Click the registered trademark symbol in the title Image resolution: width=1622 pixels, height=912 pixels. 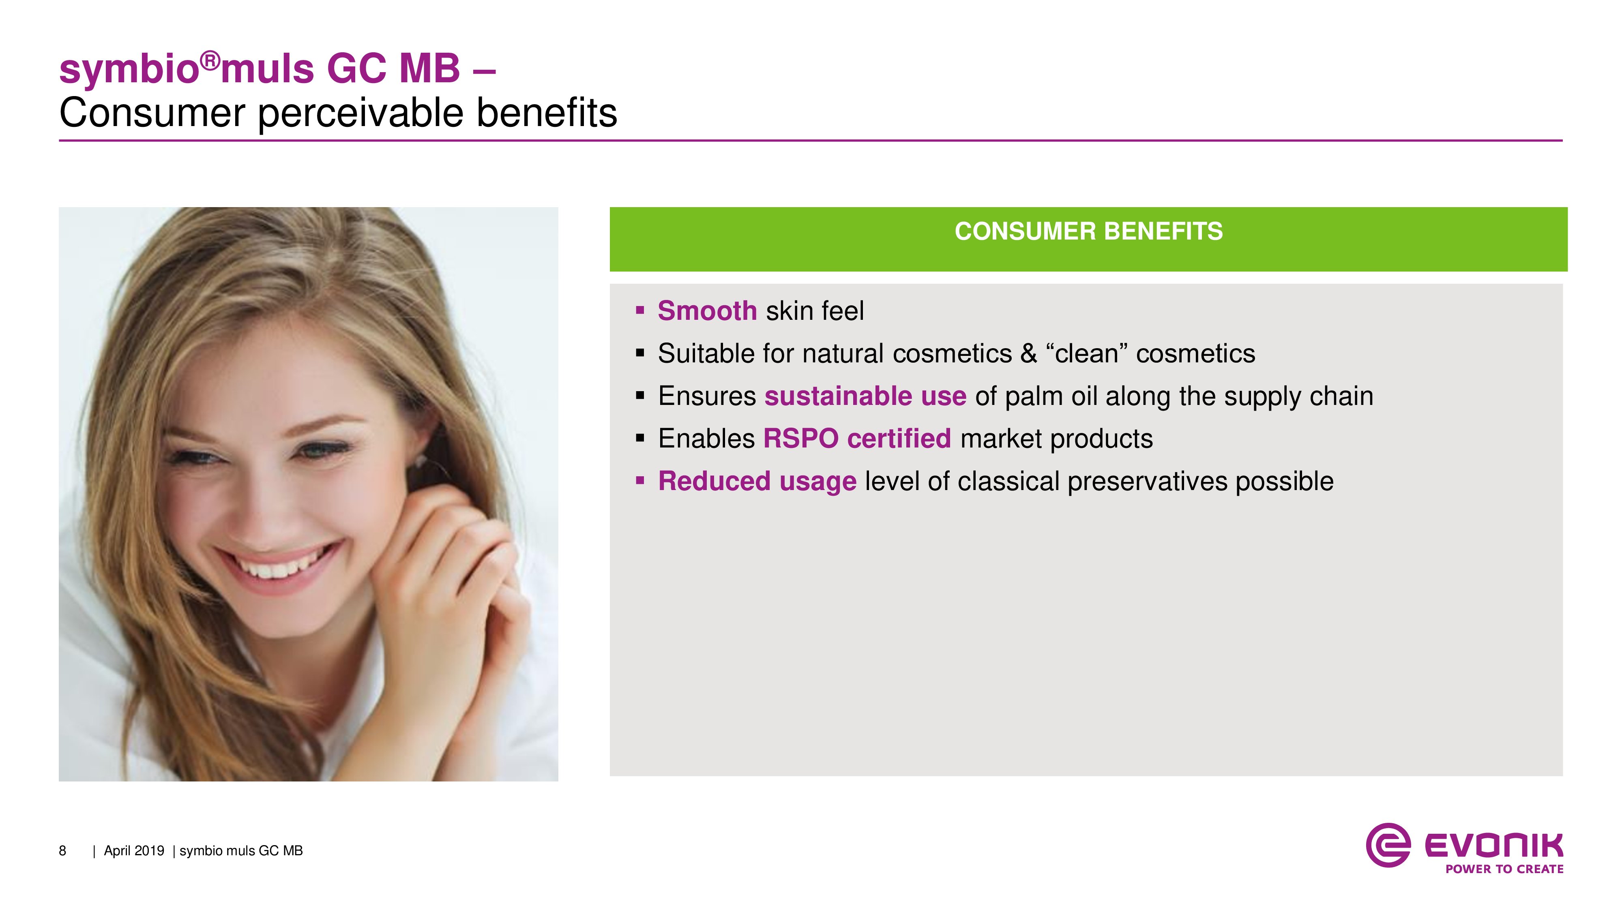coord(211,61)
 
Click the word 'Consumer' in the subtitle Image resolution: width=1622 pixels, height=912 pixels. coord(152,113)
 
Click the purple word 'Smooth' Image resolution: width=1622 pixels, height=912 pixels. coord(707,311)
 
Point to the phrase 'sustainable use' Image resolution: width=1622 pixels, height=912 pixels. coord(865,396)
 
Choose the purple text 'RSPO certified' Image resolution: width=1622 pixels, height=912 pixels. coord(857,439)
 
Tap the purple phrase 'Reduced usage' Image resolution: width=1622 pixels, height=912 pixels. coord(757,482)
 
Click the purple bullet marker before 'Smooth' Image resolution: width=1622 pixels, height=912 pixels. coord(640,310)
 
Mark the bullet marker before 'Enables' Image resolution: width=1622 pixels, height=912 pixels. coord(640,437)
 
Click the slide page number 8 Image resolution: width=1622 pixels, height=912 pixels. coord(62,851)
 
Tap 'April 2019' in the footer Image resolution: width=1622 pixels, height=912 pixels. coord(133,851)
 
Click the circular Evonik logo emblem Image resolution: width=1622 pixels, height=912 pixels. coord(1388,845)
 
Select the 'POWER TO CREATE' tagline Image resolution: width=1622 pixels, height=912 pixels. coord(1504,869)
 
